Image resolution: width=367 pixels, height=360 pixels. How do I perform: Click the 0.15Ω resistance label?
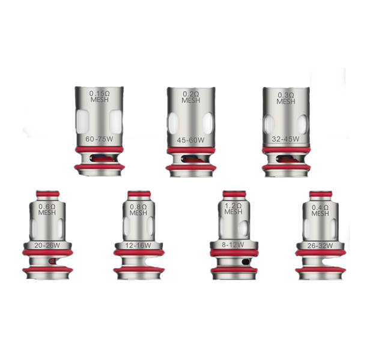pos(100,94)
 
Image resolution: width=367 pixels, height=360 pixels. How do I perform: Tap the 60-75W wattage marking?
pos(99,139)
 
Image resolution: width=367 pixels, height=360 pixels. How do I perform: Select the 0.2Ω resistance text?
pos(191,94)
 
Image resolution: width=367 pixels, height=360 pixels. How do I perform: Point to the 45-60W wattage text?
pos(191,140)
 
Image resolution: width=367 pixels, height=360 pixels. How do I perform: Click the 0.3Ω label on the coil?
pos(286,95)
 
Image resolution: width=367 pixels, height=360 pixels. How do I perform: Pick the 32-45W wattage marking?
pos(285,139)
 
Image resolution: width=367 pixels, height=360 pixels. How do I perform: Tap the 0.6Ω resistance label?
pos(47,206)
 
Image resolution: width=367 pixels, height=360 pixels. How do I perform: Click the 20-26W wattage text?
pos(47,245)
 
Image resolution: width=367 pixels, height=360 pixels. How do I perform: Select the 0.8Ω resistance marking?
pos(138,207)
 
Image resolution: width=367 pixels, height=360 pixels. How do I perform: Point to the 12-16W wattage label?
pos(138,245)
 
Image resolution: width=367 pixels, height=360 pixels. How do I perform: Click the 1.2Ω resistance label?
pos(233,206)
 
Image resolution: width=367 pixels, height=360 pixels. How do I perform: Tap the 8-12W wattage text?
pos(233,245)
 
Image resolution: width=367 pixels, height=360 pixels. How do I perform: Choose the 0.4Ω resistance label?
pos(320,208)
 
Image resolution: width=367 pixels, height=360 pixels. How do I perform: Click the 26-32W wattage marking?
pos(320,245)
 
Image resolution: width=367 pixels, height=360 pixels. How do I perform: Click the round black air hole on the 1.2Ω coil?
pos(246,261)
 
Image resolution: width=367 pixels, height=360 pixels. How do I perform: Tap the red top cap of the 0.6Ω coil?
pos(47,194)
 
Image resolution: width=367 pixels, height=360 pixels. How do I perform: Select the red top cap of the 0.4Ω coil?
pos(321,194)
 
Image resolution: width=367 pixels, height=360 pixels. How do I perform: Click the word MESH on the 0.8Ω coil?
pos(138,213)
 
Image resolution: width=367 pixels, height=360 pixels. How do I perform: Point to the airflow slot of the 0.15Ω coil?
pos(102,158)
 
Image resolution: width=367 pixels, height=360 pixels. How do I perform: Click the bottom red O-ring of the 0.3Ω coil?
pos(286,167)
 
